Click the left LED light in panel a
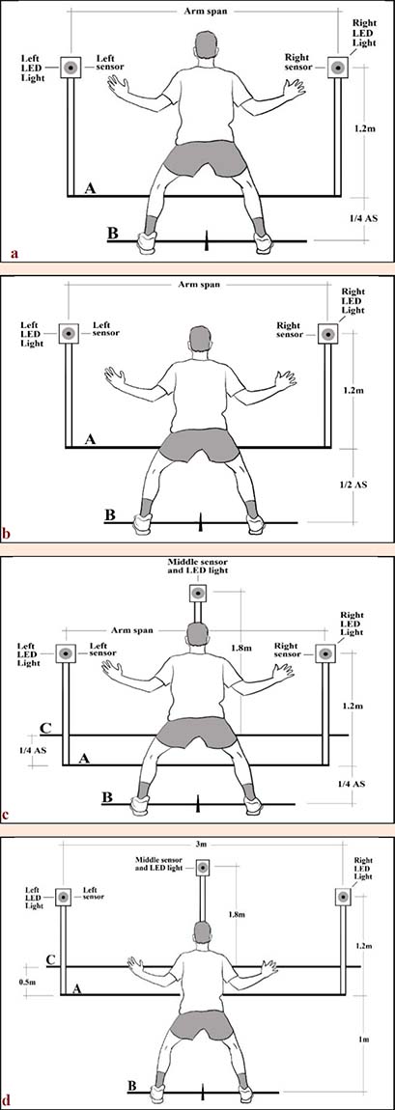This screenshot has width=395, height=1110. (x=71, y=68)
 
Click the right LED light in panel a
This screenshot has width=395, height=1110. (x=338, y=69)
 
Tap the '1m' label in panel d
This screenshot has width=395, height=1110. (x=363, y=1039)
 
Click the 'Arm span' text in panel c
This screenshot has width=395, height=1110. (x=133, y=629)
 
